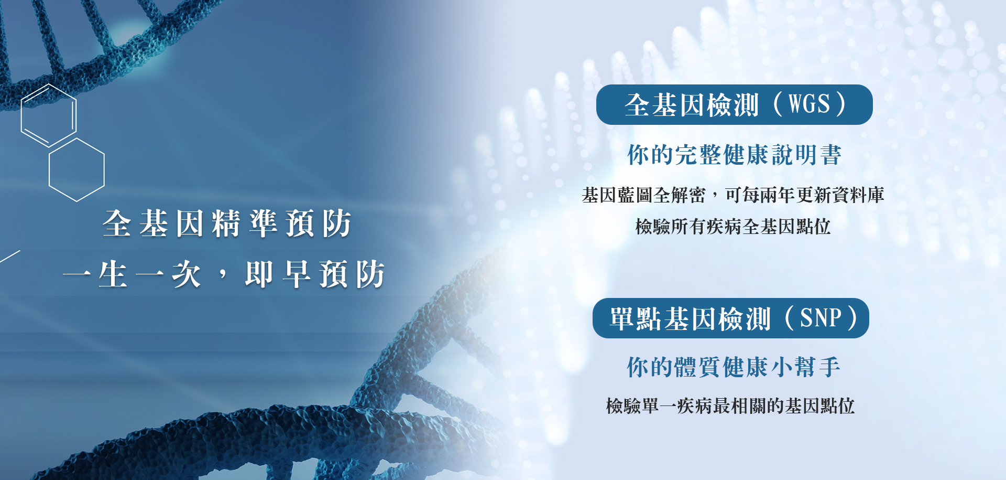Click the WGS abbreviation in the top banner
809,104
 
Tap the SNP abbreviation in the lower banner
821,318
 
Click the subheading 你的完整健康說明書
734,155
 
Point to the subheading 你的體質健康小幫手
734,367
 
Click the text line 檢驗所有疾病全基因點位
732,227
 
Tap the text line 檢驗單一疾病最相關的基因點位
730,406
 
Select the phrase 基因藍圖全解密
643,195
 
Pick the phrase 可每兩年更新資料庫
805,195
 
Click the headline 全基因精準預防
227,223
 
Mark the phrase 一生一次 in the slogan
132,274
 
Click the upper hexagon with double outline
49,115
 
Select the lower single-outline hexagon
76,170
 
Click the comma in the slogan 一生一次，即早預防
224,274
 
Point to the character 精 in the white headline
226,223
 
